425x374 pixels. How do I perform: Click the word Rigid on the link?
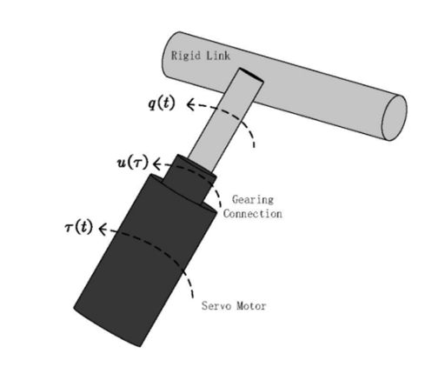(x=185, y=56)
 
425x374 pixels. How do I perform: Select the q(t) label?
(x=162, y=104)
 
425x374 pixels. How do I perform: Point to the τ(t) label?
(x=78, y=227)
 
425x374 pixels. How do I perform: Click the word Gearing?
(x=253, y=200)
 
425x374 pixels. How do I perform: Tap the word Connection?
(x=252, y=214)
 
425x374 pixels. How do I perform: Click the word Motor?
(x=251, y=306)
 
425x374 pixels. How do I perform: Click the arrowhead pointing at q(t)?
(x=190, y=104)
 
